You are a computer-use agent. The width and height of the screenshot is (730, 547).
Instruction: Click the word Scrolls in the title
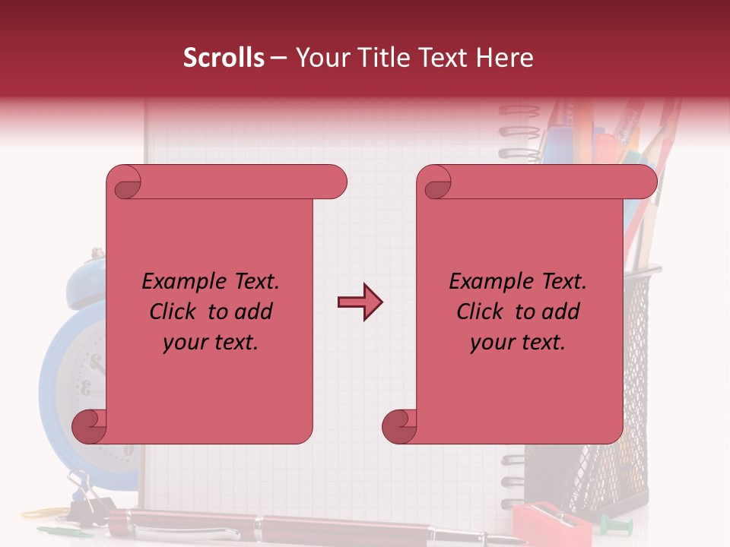pyautogui.click(x=224, y=58)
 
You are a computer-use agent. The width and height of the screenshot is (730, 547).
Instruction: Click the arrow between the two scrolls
pyautogui.click(x=360, y=302)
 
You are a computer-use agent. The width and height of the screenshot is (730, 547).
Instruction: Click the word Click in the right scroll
pyautogui.click(x=481, y=311)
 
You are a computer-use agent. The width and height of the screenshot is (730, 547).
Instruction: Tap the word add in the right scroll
pyautogui.click(x=560, y=311)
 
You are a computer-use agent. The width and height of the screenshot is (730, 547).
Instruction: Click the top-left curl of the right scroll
pyautogui.click(x=436, y=183)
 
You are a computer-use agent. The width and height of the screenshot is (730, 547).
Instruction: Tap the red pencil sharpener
pyautogui.click(x=544, y=523)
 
